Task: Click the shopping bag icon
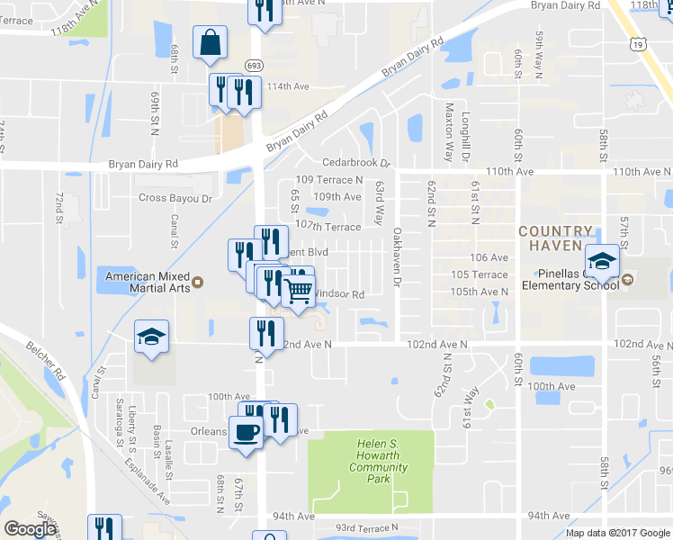(210, 42)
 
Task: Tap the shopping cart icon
(298, 291)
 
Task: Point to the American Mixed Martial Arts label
(148, 282)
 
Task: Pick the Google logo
(31, 530)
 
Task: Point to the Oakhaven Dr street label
(397, 258)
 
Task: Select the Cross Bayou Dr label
(175, 198)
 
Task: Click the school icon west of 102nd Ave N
(151, 337)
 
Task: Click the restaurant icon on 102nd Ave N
(266, 331)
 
